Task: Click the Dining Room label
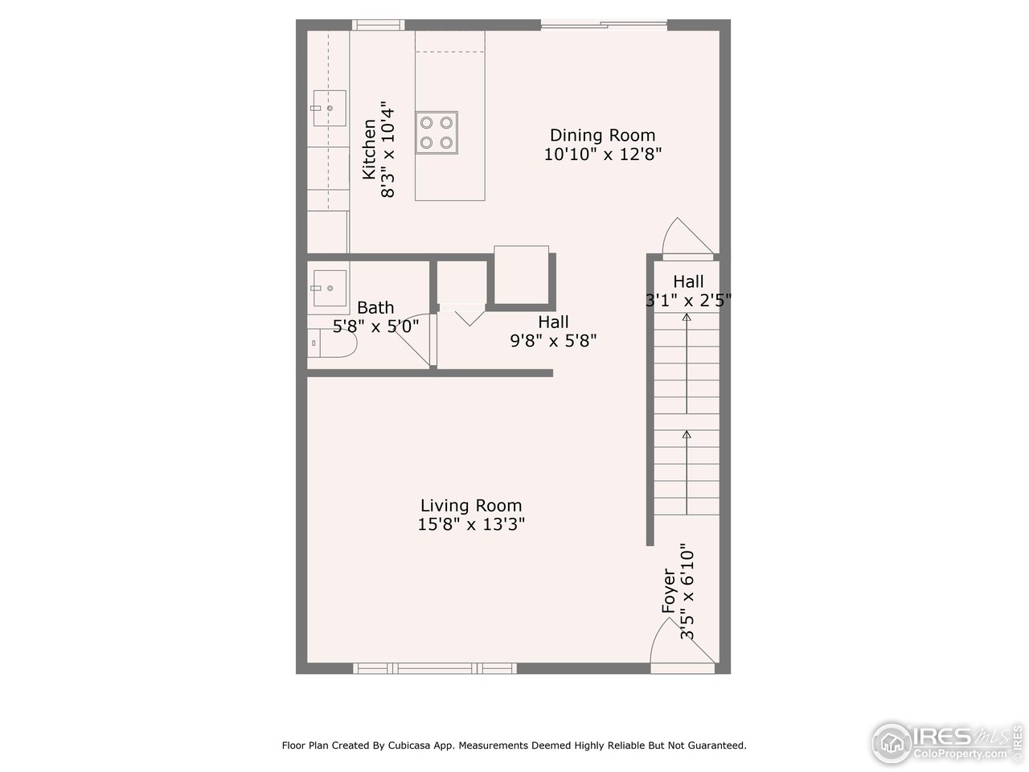tap(602, 135)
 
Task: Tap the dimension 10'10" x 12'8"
tap(602, 154)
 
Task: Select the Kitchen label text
tap(369, 150)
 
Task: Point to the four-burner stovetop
tap(437, 133)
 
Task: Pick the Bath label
tap(375, 307)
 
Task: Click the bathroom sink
tap(328, 287)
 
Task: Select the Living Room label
tap(471, 506)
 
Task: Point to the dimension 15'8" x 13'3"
tap(471, 525)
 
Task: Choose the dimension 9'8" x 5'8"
tap(553, 341)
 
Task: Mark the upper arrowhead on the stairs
tap(687, 318)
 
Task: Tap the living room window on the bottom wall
tap(435, 668)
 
